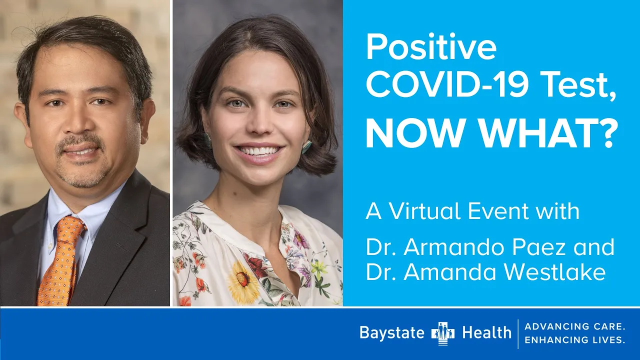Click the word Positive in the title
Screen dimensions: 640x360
coord(431,47)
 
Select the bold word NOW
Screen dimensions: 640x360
coord(414,133)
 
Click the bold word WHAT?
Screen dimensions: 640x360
coord(549,133)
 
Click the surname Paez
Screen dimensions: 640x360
coord(539,247)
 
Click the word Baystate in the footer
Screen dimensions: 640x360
coord(392,333)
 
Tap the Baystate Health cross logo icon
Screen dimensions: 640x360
coord(443,333)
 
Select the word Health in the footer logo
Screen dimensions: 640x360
coord(487,332)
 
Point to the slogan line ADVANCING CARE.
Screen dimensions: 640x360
coord(575,326)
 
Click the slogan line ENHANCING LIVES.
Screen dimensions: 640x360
coord(575,339)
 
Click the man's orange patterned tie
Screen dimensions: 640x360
coord(60,260)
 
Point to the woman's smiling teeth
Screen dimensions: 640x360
coord(258,150)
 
